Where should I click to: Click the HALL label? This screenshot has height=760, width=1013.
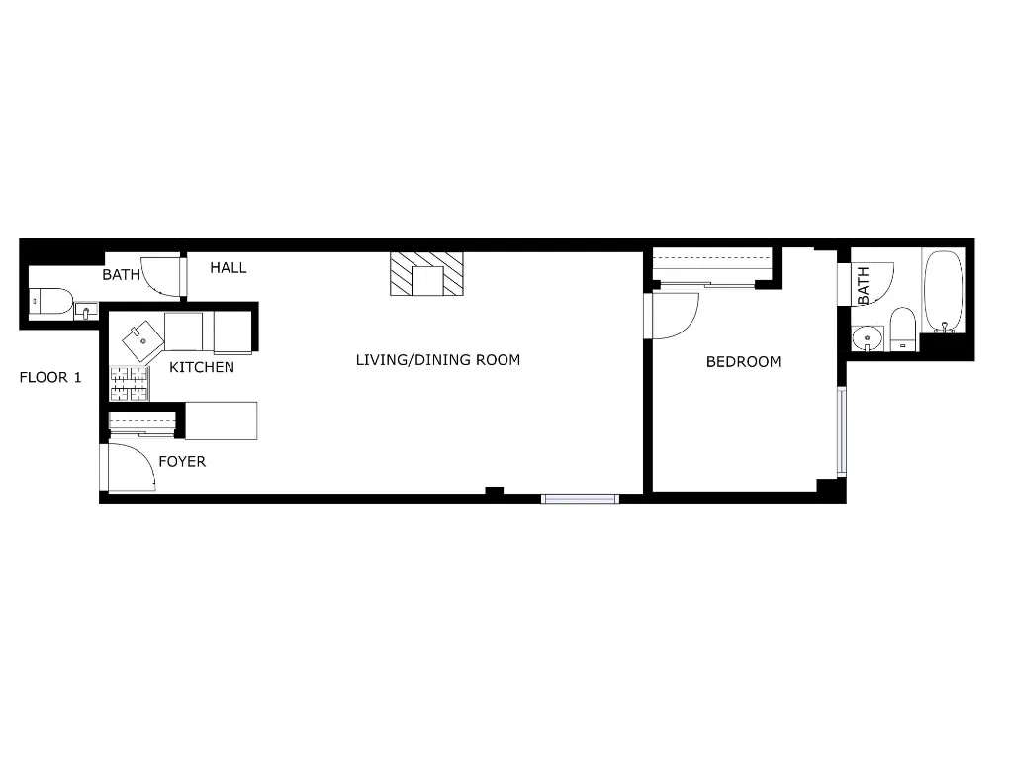point(228,268)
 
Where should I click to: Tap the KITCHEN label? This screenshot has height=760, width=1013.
point(202,368)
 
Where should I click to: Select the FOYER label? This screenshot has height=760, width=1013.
point(182,462)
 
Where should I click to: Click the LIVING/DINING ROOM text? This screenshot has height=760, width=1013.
point(437,360)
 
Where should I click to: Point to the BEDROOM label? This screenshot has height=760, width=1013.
point(743,362)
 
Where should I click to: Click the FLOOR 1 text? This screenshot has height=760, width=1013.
point(50,377)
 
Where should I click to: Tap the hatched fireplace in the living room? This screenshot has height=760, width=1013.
point(427,274)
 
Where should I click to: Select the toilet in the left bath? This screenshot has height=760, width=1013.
point(49,301)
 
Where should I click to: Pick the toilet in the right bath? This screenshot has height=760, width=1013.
point(902,329)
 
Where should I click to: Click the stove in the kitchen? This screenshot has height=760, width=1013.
point(129,383)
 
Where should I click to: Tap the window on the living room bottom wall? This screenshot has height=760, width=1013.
point(581,498)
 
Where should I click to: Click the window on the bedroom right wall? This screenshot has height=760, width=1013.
point(842,431)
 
